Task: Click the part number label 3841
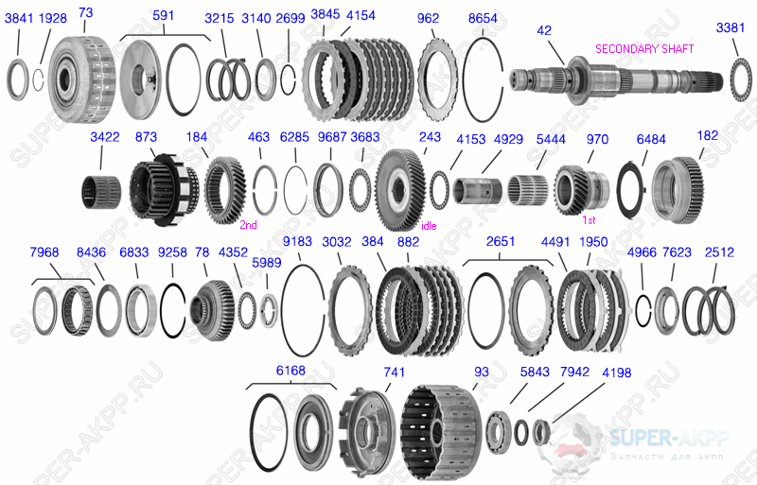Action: pyautogui.click(x=18, y=19)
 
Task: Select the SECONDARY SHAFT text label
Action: pyautogui.click(x=643, y=48)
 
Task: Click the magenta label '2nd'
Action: pyautogui.click(x=249, y=224)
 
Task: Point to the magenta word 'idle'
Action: pyautogui.click(x=429, y=226)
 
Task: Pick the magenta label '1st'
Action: pyautogui.click(x=588, y=219)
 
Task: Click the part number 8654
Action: pyautogui.click(x=483, y=18)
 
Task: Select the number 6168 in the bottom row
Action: pyautogui.click(x=290, y=371)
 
